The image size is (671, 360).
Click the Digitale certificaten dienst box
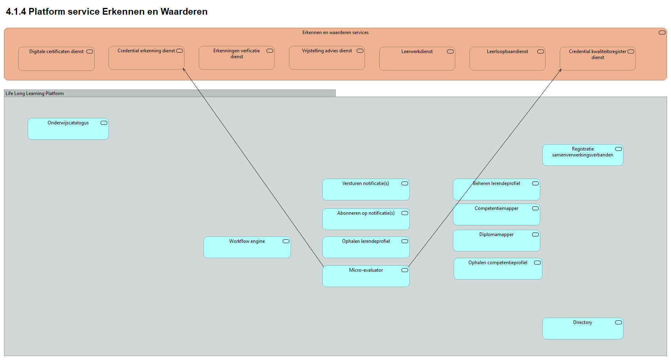tap(56, 59)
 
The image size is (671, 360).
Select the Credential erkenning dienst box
tap(146, 58)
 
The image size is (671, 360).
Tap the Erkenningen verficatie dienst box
tap(236, 58)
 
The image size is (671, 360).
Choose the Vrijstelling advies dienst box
tap(327, 58)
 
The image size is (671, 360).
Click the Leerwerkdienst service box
tap(417, 59)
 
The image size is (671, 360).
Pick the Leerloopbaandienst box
tap(507, 59)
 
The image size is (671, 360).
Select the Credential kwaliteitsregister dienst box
tap(597, 59)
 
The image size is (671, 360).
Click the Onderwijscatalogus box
tap(68, 129)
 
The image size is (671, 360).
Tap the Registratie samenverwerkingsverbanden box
tap(582, 155)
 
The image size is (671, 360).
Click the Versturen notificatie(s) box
tap(365, 190)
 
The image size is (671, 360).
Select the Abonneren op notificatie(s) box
tap(365, 219)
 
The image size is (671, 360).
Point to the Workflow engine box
tap(247, 248)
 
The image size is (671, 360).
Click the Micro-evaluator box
tap(365, 276)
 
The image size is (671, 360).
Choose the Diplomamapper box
tap(496, 241)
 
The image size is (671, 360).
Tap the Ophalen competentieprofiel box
tap(498, 269)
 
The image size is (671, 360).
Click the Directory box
tap(582, 329)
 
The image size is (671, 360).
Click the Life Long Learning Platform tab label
tap(35, 93)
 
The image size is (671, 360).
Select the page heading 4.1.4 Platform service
tap(106, 11)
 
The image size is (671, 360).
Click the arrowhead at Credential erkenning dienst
tap(184, 70)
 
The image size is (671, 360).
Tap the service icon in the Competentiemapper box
tap(535, 208)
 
